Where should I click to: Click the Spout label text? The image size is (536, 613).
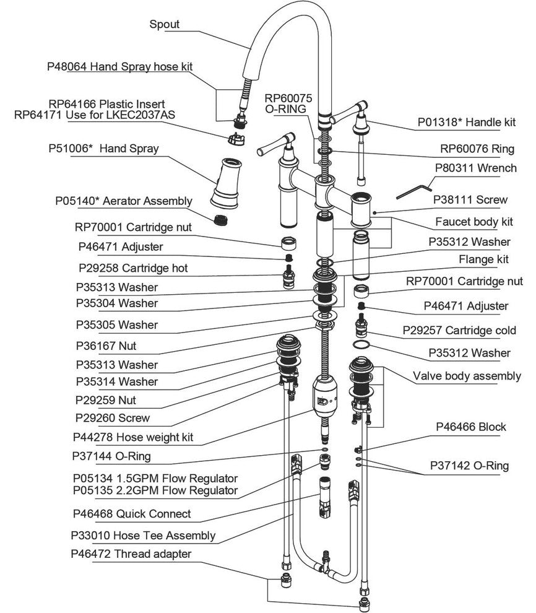point(165,25)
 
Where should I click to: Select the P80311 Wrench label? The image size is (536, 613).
point(475,167)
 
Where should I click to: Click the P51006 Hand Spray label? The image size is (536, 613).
point(103,149)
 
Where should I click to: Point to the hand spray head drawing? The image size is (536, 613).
point(225,181)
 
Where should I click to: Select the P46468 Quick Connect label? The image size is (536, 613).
point(131,514)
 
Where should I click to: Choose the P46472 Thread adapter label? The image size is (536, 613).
point(131,554)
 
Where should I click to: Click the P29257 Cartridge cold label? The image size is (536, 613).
point(459,330)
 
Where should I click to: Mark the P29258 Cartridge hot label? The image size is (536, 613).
point(133,269)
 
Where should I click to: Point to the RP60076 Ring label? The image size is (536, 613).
point(477,149)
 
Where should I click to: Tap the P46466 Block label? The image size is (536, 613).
point(471,427)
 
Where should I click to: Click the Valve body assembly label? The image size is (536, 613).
point(467,376)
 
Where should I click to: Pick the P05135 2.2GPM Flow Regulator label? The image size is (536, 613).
point(155,491)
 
